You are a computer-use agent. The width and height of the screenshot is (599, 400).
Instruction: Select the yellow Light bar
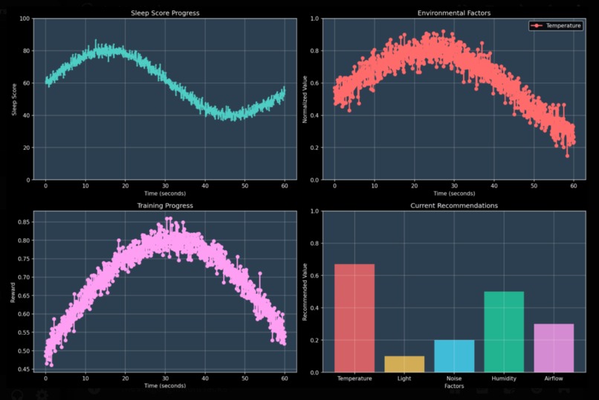click(x=404, y=364)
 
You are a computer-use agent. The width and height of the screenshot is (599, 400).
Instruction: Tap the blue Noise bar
click(x=455, y=355)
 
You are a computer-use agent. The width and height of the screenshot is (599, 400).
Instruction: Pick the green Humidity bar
click(x=504, y=331)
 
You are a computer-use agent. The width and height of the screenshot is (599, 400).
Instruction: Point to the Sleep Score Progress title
click(x=164, y=13)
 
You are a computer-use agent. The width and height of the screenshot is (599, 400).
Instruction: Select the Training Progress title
click(x=164, y=205)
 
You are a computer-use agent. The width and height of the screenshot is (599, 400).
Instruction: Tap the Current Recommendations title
click(x=455, y=205)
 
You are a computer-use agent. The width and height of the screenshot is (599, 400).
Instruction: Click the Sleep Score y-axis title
click(x=14, y=99)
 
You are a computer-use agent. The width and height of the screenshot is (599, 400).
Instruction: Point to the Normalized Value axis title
click(x=304, y=99)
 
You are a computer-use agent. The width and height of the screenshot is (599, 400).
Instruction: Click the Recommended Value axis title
click(x=304, y=291)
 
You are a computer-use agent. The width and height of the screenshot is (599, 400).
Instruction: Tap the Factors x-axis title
click(x=454, y=387)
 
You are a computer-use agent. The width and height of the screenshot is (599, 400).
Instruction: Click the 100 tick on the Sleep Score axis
click(x=24, y=19)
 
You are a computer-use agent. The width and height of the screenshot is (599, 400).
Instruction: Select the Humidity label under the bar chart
click(x=504, y=379)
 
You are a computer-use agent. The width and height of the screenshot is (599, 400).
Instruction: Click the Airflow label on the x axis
click(x=554, y=379)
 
